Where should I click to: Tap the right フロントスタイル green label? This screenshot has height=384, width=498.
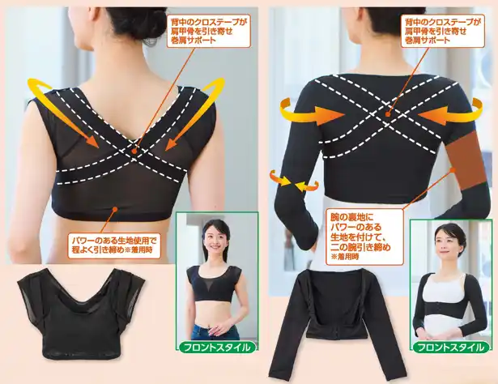452,347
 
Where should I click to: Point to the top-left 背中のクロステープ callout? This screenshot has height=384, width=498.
209,31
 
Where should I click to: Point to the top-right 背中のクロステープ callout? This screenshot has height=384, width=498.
442,31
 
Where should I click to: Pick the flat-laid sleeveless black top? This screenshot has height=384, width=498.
80,313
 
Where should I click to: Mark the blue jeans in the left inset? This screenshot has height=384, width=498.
215,331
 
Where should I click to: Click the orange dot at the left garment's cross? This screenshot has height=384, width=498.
135,150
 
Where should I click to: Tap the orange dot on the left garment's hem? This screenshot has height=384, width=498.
116,209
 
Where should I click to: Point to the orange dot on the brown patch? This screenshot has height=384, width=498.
453,169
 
